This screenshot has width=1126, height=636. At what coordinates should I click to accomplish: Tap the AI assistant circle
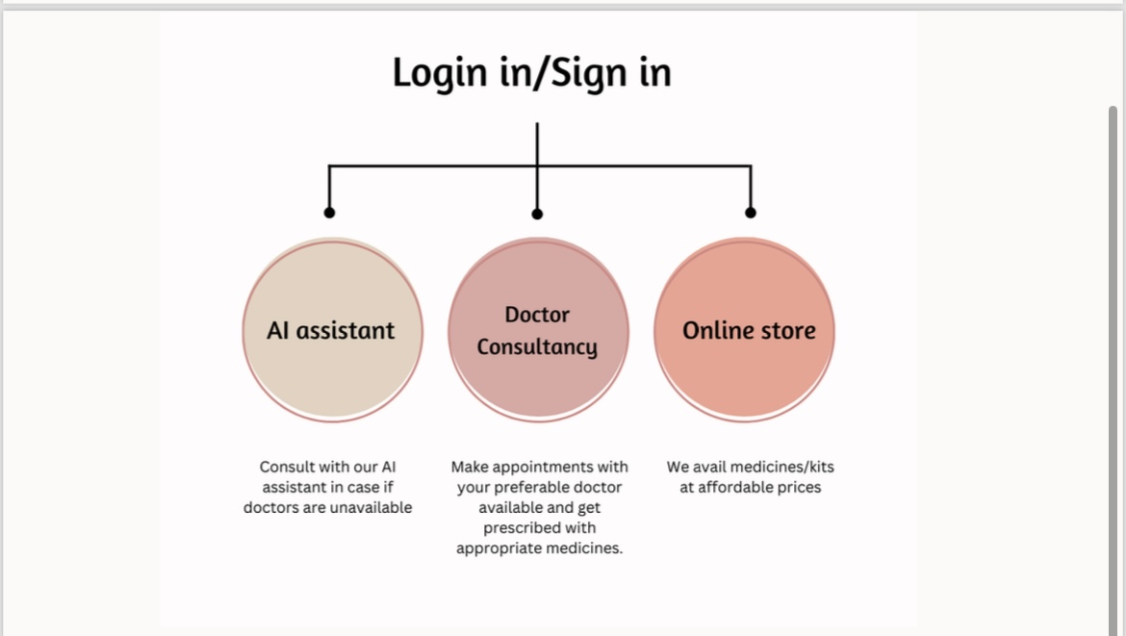pos(332,329)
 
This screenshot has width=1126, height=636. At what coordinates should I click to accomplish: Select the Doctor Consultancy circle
pos(539,329)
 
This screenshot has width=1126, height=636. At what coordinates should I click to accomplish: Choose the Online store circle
pos(745,329)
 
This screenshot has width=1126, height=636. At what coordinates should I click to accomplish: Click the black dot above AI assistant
pos(329,213)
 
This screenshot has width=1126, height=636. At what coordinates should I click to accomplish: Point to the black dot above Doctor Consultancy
pos(537,214)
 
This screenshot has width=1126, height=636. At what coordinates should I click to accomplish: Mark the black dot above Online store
pos(751,213)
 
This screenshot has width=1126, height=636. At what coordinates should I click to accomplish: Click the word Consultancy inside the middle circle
pos(537,347)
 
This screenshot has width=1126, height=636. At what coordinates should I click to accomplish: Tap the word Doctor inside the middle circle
pos(537,315)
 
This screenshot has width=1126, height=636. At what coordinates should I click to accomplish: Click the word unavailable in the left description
pos(371,507)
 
